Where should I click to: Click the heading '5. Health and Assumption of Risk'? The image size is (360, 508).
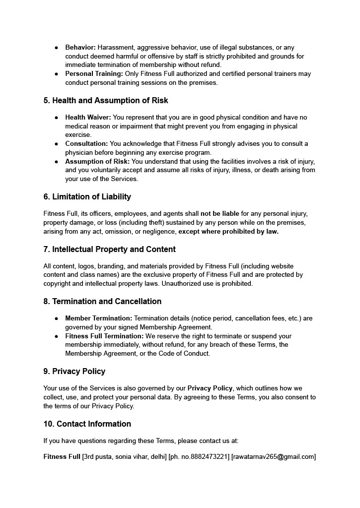pyautogui.click(x=106, y=100)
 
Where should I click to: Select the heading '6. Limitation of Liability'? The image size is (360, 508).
pyautogui.click(x=87, y=196)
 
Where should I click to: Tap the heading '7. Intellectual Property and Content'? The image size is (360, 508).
pyautogui.click(x=110, y=249)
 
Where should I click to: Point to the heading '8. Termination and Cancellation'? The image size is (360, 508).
pyautogui.click(x=102, y=301)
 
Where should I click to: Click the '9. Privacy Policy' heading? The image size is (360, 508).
pyautogui.click(x=74, y=371)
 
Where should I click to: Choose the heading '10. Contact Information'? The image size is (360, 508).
pyautogui.click(x=87, y=424)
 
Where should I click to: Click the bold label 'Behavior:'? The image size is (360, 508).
pyautogui.click(x=80, y=47)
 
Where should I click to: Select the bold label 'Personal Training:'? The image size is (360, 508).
pyautogui.click(x=94, y=73)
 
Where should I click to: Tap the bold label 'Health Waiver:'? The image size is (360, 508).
pyautogui.click(x=88, y=117)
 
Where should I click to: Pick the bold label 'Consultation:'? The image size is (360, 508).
pyautogui.click(x=86, y=143)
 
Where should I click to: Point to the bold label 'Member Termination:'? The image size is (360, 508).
pyautogui.click(x=98, y=318)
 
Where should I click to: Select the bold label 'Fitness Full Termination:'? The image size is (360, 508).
pyautogui.click(x=104, y=336)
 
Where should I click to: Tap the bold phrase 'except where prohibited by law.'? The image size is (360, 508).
pyautogui.click(x=228, y=231)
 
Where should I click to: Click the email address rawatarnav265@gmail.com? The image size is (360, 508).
pyautogui.click(x=274, y=457)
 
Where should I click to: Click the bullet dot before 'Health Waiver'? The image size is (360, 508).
pyautogui.click(x=56, y=118)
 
